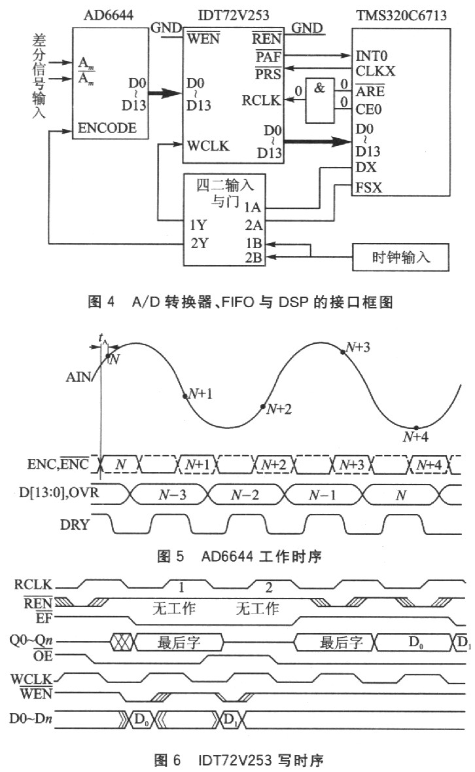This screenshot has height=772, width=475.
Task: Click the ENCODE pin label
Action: point(107,128)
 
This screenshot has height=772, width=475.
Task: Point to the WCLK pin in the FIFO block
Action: point(207,145)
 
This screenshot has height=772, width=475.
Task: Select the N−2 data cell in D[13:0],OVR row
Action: point(248,493)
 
